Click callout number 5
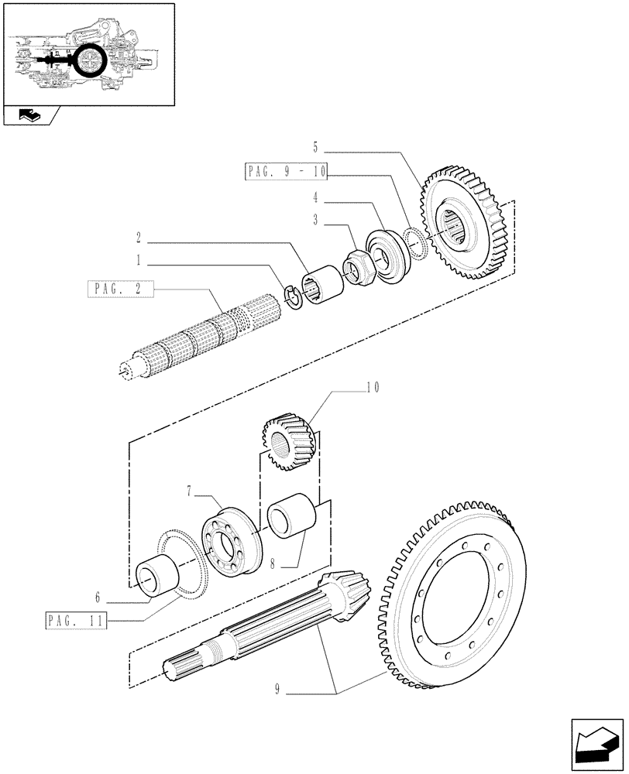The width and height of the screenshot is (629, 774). point(315,146)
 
